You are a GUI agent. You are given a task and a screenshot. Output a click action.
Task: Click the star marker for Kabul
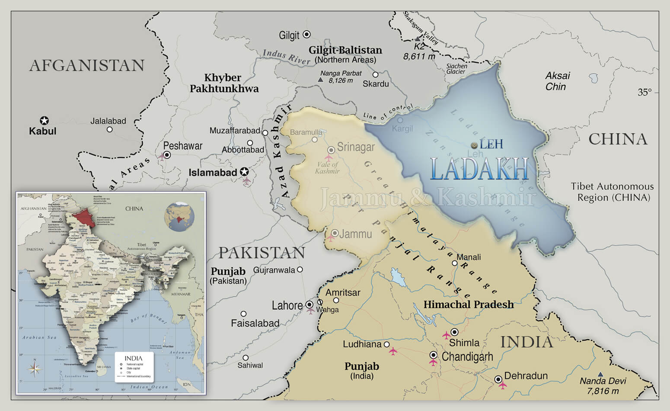pyautogui.click(x=44, y=121)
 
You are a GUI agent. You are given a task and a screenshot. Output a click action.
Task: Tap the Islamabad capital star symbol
pyautogui.click(x=244, y=172)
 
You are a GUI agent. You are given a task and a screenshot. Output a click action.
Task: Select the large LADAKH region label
pyautogui.click(x=479, y=169)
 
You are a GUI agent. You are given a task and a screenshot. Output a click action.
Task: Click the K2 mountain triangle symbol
pyautogui.click(x=417, y=39)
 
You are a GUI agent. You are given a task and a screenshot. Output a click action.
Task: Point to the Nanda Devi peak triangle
pyautogui.click(x=600, y=374)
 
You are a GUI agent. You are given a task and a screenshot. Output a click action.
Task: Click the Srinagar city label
pyautogui.click(x=355, y=147)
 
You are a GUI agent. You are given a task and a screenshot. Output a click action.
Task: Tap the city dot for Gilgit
pyautogui.click(x=306, y=34)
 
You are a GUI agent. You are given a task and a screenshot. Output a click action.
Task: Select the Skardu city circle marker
pyautogui.click(x=375, y=74)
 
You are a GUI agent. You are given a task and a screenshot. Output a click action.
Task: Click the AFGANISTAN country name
pyautogui.click(x=87, y=65)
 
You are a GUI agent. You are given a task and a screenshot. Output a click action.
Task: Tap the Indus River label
pyautogui.click(x=286, y=57)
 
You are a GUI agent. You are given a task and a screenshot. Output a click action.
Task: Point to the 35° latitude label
pyautogui.click(x=644, y=92)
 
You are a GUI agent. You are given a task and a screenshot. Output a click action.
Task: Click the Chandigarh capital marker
pyautogui.click(x=433, y=355)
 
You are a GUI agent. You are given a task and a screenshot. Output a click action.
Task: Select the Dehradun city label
pyautogui.click(x=526, y=376)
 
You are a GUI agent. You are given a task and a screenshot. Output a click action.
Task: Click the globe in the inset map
pyautogui.click(x=179, y=217)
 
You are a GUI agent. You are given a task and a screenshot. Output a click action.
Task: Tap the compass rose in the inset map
pyautogui.click(x=35, y=369)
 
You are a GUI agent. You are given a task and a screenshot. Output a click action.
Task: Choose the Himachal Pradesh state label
pyautogui.click(x=469, y=304)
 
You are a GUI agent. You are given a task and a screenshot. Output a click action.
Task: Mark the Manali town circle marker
pyautogui.click(x=454, y=263)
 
